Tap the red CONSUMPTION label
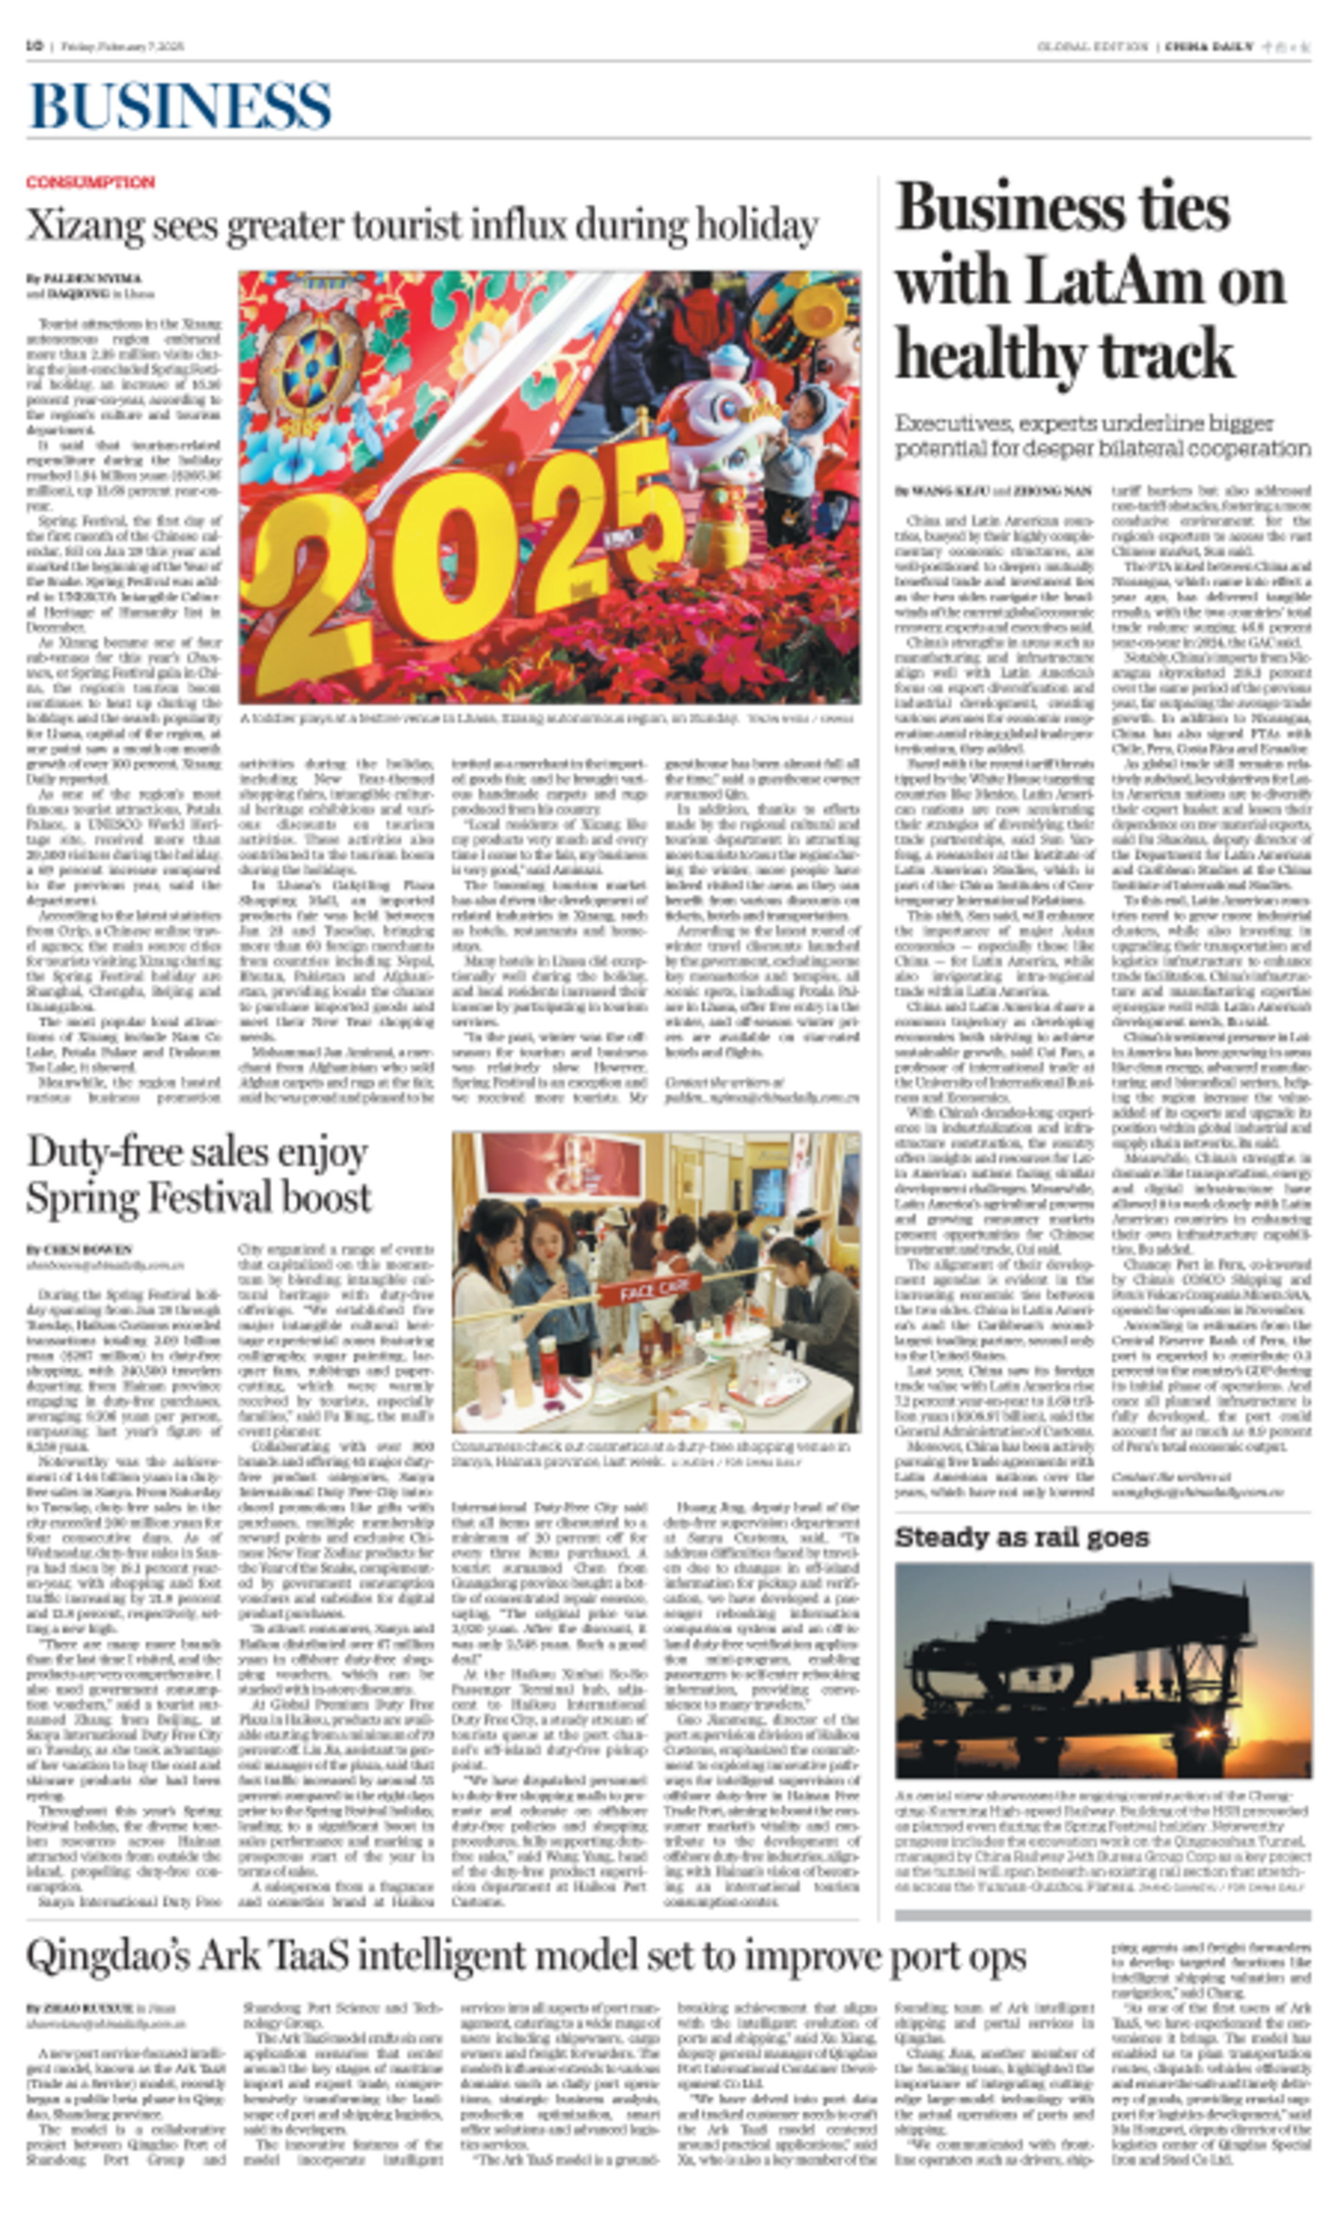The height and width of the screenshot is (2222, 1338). [x=90, y=182]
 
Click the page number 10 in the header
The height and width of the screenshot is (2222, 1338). [x=35, y=46]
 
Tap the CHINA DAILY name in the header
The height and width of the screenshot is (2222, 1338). [x=1208, y=47]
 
